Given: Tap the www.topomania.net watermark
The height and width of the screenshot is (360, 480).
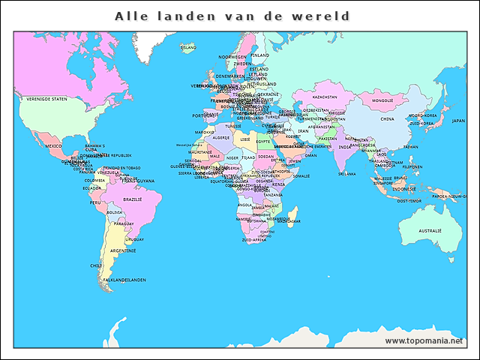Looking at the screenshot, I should pos(424,340).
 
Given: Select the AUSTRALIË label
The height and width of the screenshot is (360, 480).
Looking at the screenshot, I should pos(430,230).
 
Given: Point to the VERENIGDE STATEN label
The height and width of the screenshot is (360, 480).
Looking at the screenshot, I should pos(46,99).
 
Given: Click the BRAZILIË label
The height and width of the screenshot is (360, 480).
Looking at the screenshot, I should pos(133,199).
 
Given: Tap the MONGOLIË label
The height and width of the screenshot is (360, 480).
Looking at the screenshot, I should pos(382,100).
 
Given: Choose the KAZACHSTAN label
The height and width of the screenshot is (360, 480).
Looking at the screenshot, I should pos(325,97).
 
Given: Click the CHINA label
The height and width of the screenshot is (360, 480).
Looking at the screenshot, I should pos(387,118).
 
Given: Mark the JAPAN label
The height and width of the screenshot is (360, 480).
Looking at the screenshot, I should pos(458,120).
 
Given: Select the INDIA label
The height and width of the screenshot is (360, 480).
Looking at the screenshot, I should pos(344,147).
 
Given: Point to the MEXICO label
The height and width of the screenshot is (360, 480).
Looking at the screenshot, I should pos(53,145).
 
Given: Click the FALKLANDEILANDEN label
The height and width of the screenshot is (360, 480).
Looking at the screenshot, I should pos(124,280).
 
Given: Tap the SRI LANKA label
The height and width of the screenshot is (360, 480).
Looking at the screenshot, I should pos(346,173).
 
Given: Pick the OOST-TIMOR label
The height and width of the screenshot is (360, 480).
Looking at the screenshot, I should pos(409,200).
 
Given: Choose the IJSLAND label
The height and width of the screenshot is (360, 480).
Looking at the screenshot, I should pos(188,47).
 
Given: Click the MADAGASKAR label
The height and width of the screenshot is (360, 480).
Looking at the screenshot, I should pos(289,221).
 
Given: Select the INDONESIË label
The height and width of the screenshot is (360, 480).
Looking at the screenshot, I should pos(404,189).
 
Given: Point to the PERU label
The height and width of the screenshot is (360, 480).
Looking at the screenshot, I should pos(95,202).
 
